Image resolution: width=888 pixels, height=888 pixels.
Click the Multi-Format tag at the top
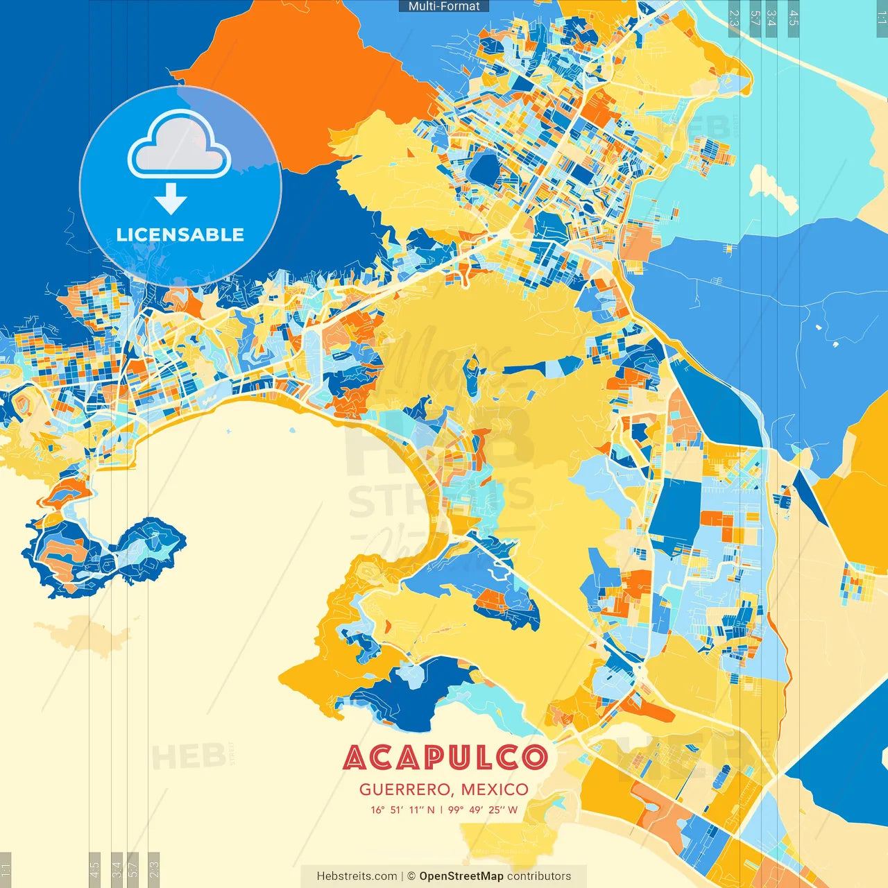coord(444,6)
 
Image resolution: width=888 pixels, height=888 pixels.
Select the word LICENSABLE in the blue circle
coord(180,235)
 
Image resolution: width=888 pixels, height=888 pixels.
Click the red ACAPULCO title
coord(445,758)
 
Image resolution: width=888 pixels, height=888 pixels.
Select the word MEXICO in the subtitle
coord(495,789)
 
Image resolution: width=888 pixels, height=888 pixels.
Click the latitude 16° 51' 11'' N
coord(402,810)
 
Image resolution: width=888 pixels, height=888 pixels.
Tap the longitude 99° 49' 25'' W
coord(483,810)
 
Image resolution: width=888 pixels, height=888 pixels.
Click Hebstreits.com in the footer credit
coord(357,876)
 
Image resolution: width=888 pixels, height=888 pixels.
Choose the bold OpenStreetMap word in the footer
coord(461,876)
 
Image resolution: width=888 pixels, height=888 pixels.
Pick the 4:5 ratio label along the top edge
coord(794,18)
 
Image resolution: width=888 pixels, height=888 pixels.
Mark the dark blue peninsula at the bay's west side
coord(104,555)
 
